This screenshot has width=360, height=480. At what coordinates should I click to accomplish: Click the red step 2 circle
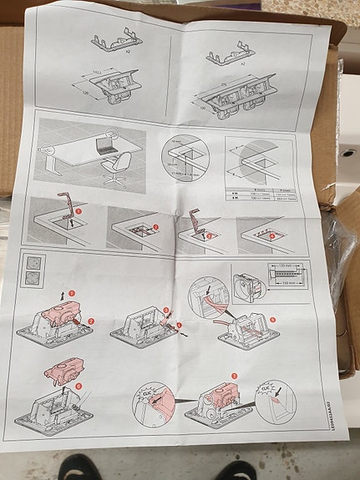91,320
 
